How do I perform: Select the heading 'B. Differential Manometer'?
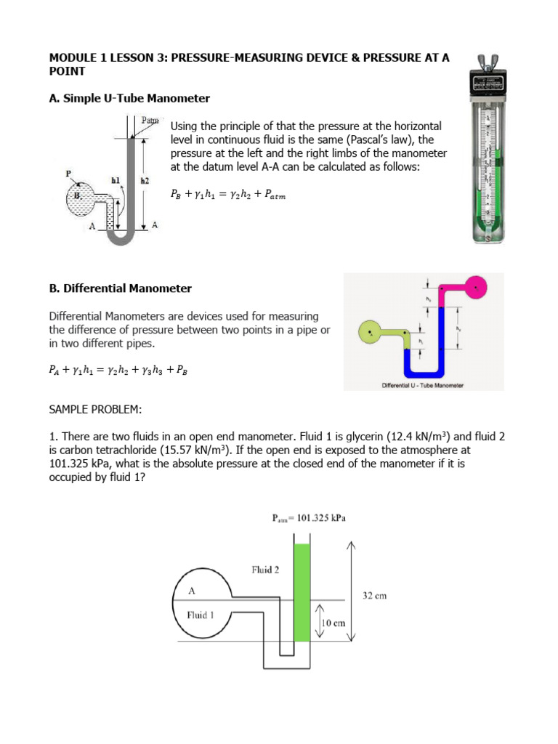click(120, 288)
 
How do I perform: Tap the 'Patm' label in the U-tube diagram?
click(151, 120)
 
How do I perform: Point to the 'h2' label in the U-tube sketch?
click(145, 179)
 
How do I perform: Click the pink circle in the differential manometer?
click(476, 287)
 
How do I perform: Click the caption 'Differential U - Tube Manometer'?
click(423, 385)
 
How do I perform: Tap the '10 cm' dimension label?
click(333, 623)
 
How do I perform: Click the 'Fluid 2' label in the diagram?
click(265, 570)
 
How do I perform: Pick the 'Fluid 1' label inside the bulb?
click(201, 615)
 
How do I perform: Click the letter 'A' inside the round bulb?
click(193, 591)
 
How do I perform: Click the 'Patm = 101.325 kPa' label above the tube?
click(309, 518)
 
